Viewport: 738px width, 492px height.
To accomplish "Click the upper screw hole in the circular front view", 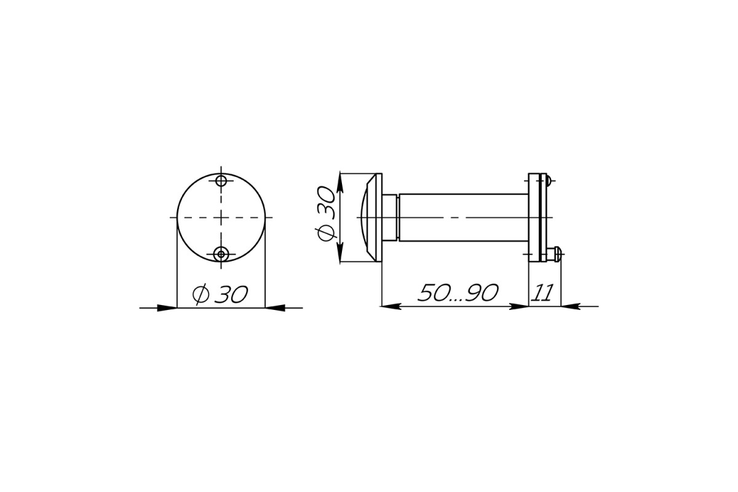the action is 221,181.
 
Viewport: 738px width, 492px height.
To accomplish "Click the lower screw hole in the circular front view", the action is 221,254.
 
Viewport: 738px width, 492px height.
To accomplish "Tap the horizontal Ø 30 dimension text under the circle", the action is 220,294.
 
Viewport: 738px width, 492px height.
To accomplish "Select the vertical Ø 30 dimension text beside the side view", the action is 325,213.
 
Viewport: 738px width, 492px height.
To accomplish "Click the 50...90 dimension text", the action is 458,293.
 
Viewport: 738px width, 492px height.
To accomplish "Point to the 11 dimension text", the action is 542,293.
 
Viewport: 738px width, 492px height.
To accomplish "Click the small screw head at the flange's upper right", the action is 548,181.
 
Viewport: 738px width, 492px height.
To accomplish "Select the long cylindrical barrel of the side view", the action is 464,218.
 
